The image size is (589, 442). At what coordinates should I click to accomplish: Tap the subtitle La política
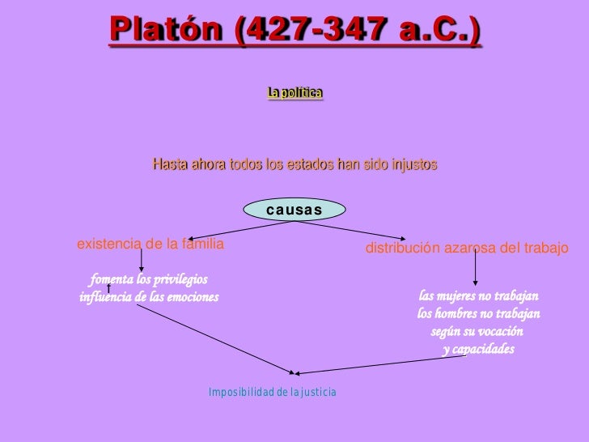pos(295,94)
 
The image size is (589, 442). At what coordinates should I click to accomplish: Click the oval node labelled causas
pos(294,210)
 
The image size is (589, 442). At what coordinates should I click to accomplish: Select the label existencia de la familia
pos(150,243)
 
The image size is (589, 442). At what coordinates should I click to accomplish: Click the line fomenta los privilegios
pos(149,280)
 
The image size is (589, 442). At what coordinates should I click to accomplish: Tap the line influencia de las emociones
pos(149,297)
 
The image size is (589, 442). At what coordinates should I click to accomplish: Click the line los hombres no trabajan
pos(478,314)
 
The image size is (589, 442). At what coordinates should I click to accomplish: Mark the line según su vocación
pos(477,332)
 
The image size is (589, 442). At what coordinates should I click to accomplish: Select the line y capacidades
pos(478,350)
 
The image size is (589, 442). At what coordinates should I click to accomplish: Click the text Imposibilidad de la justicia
pos(272,393)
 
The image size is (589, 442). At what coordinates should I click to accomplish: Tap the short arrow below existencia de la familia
pos(142,259)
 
